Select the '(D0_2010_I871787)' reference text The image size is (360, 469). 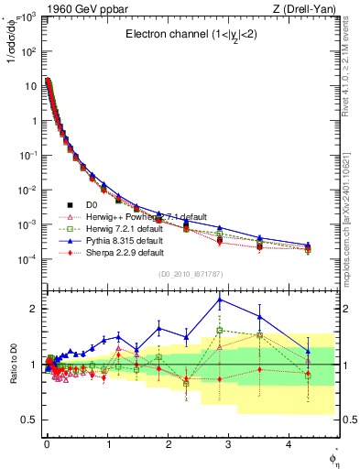(x=190, y=274)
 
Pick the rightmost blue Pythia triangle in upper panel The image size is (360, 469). (x=308, y=245)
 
